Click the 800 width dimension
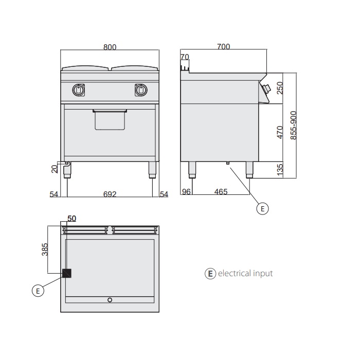click(x=110, y=47)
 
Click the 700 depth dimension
click(x=223, y=47)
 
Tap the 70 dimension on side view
click(x=185, y=57)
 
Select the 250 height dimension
click(x=280, y=88)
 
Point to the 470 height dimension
click(x=280, y=132)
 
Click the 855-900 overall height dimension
click(x=294, y=125)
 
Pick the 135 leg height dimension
click(x=280, y=170)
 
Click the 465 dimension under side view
click(x=221, y=191)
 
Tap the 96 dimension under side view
click(x=186, y=191)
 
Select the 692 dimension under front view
click(x=110, y=194)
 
